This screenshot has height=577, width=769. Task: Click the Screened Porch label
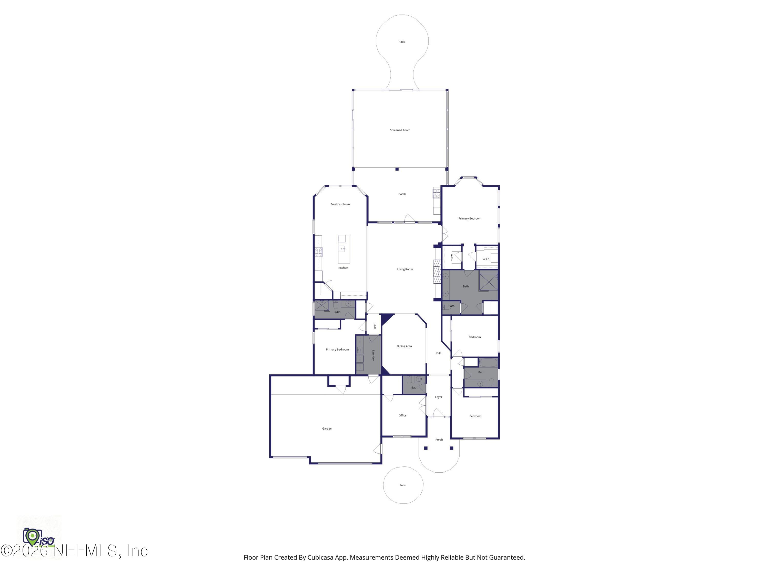[x=400, y=130]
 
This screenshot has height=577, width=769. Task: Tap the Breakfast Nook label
[x=340, y=204]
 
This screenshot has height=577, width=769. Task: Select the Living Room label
[x=405, y=269]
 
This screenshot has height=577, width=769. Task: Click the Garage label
[x=327, y=429]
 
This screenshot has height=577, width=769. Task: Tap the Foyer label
[x=438, y=397]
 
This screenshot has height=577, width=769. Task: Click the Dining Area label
[x=404, y=346]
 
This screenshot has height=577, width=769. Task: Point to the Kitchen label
[x=343, y=267]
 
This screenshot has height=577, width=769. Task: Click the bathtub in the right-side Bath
[x=488, y=363]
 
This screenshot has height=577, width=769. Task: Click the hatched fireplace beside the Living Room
[x=437, y=272]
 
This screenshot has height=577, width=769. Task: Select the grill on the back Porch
[x=436, y=194]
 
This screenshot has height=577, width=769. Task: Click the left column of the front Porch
[x=426, y=448]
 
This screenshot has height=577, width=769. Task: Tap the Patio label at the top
[x=402, y=42]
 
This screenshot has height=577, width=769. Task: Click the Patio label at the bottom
[x=403, y=485]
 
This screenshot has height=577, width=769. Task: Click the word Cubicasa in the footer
[x=321, y=558]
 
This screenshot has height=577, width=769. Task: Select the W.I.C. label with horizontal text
[x=486, y=259]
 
